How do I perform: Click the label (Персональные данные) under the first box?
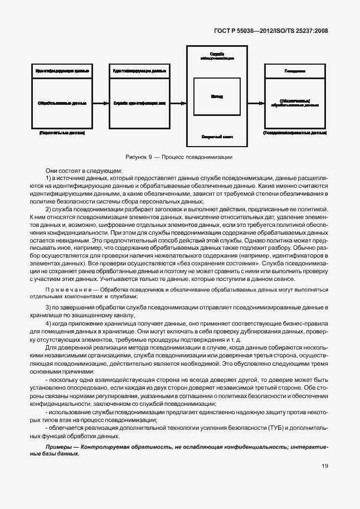62,134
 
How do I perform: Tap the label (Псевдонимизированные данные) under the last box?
295,134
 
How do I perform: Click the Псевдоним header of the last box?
295,71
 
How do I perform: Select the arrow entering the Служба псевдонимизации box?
178,103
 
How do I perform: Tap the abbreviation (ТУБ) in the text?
280,426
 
